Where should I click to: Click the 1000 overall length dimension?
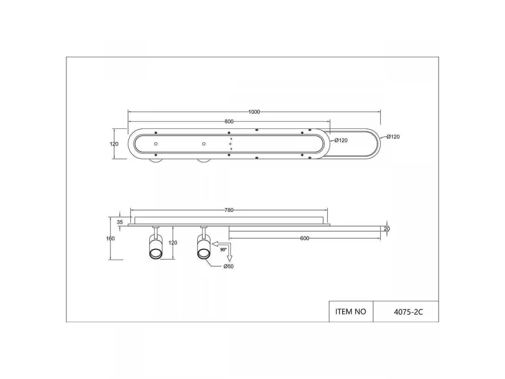(254, 112)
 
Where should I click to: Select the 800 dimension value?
(229, 122)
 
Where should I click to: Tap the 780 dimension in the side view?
(229, 210)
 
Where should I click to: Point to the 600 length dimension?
(305, 238)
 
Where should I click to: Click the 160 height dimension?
(110, 239)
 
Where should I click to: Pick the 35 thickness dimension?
(120, 222)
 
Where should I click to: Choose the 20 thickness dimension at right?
(387, 229)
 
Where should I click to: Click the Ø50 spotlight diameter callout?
(229, 267)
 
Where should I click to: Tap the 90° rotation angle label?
(223, 250)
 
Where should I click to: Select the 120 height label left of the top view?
(114, 144)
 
